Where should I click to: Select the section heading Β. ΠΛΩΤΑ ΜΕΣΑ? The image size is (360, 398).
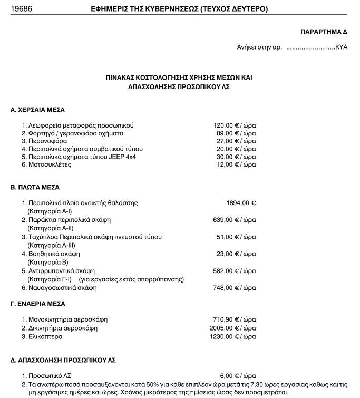(x=35, y=187)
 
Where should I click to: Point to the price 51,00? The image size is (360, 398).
(x=226, y=237)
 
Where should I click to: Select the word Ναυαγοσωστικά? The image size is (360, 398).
(x=52, y=288)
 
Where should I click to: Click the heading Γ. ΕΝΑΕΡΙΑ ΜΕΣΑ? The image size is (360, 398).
(x=38, y=304)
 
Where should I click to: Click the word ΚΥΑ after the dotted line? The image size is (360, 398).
(x=342, y=47)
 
